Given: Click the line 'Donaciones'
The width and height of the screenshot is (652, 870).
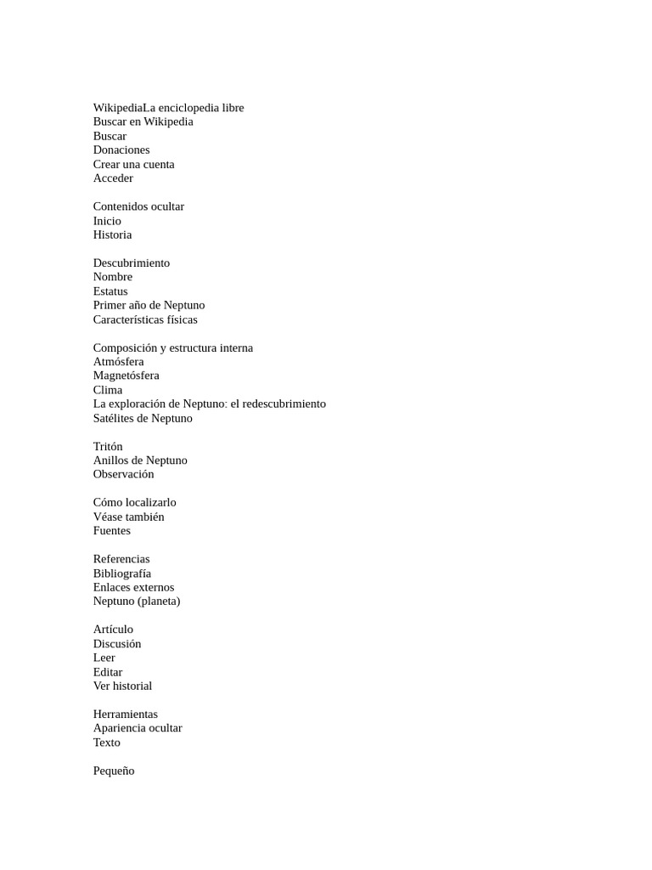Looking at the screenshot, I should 121,150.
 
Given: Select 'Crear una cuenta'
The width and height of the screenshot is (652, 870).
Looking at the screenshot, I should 133,164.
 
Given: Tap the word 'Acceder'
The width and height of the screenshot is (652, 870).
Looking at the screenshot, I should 113,178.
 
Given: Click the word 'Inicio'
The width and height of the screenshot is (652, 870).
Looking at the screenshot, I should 107,221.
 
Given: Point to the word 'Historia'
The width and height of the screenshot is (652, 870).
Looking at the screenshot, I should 112,234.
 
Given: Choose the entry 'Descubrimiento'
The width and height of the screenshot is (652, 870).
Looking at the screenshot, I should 132,263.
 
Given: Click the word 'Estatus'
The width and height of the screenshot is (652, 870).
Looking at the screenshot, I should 110,291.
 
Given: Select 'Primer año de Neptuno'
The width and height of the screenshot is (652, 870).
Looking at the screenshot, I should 149,305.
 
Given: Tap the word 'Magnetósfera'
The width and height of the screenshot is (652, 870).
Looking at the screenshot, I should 126,376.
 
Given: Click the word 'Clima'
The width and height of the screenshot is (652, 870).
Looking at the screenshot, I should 108,390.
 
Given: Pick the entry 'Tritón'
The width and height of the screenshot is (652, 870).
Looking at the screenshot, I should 108,446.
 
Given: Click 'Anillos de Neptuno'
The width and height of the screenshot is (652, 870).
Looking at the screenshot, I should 140,460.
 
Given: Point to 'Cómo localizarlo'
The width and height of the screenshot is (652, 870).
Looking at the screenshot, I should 134,502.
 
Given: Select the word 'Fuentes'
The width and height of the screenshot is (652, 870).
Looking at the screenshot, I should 112,531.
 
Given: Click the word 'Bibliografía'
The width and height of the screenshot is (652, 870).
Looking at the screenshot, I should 122,573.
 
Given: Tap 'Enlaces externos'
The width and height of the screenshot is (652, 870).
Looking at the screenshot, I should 133,587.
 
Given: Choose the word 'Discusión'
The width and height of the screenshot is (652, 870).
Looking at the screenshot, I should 117,644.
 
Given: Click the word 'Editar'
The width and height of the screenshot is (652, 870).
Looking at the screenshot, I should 108,672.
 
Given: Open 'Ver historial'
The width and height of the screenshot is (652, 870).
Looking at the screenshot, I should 122,686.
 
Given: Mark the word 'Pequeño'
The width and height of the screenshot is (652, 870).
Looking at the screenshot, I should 114,771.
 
